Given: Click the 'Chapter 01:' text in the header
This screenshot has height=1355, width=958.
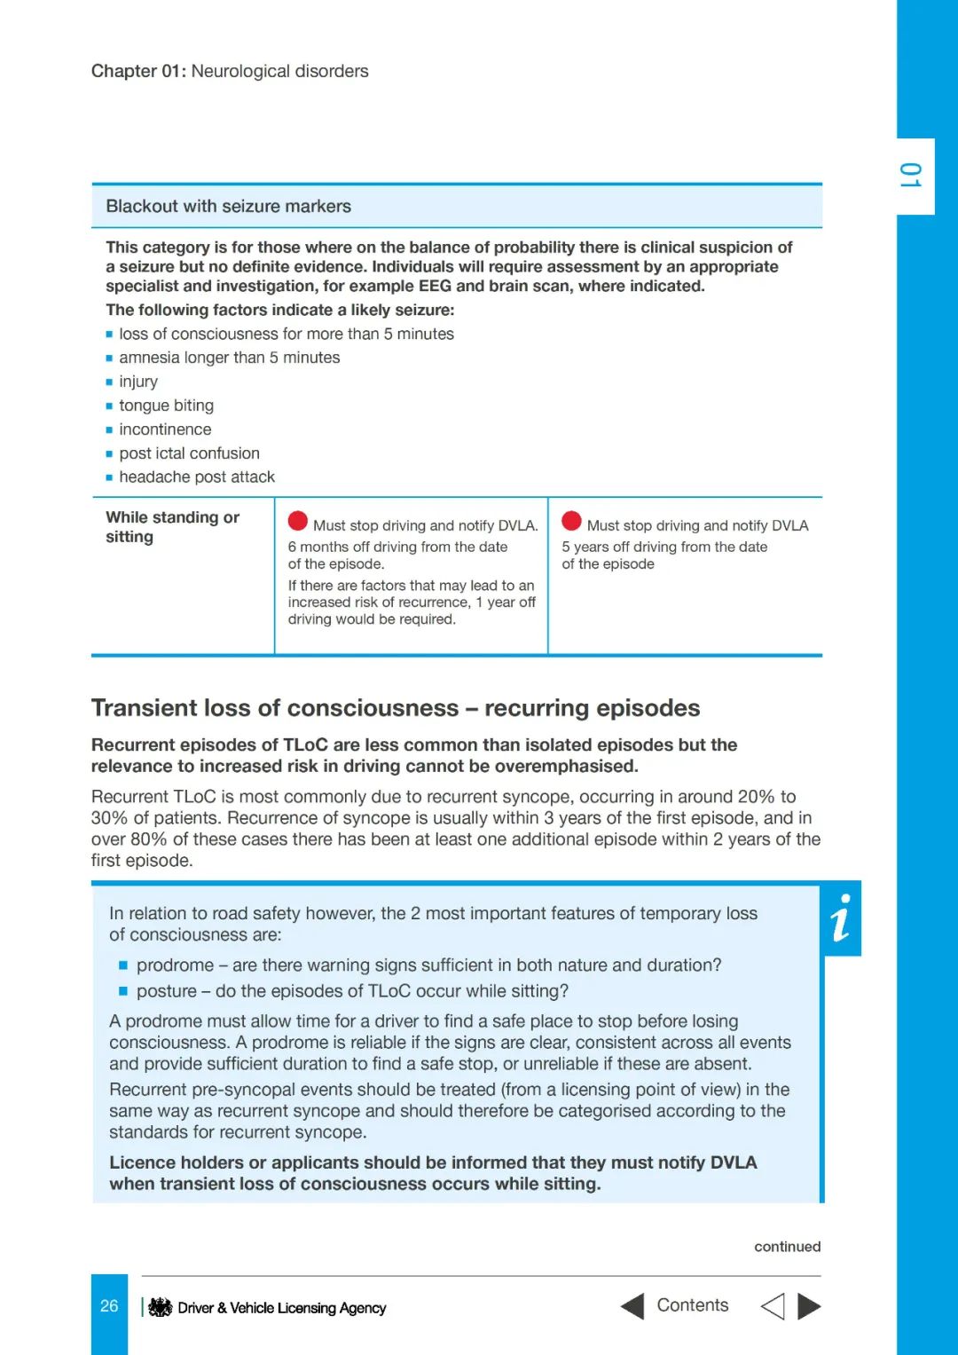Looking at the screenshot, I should click(138, 71).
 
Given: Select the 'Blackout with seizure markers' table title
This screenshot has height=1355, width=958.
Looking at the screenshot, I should click(228, 206).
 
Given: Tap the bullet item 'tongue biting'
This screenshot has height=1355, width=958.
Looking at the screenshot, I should click(166, 406).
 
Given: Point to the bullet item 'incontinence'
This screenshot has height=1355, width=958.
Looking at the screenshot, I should click(165, 429).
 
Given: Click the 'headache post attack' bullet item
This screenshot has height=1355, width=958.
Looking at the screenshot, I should click(197, 477).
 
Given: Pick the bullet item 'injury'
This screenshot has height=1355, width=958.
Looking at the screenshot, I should click(138, 382).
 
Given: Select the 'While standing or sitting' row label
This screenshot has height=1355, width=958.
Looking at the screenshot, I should click(172, 526).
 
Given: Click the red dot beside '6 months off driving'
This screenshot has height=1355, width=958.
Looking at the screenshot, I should click(298, 522).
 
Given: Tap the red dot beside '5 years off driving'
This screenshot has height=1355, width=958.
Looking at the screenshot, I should click(571, 522).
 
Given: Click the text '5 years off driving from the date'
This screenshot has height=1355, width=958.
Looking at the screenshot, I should click(664, 547).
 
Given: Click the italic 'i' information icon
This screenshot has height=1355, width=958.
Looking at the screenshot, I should click(842, 918).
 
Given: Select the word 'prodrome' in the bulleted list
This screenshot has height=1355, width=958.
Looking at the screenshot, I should click(175, 965).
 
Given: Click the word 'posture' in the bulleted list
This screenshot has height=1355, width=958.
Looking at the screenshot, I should click(167, 991).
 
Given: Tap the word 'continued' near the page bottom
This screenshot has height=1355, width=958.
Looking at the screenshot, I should click(787, 1247).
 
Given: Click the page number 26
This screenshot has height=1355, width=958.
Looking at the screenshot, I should click(109, 1306).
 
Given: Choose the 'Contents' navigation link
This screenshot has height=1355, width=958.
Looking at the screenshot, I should click(692, 1305).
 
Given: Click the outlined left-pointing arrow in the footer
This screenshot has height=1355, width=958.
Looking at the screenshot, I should click(773, 1306).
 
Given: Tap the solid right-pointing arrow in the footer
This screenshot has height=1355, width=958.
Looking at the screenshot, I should click(809, 1306).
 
